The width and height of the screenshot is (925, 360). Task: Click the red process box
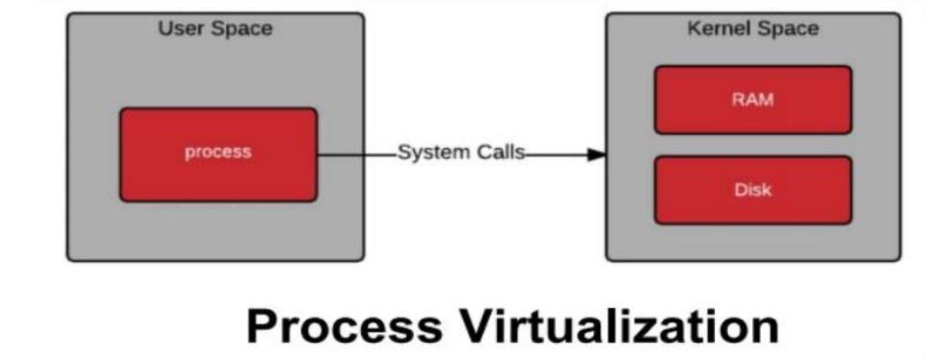pyautogui.click(x=218, y=154)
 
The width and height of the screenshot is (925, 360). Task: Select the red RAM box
pyautogui.click(x=752, y=99)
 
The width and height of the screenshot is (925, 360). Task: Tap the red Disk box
pyautogui.click(x=752, y=190)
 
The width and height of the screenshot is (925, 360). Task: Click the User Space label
pyautogui.click(x=215, y=28)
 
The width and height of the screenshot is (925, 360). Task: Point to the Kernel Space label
pyautogui.click(x=752, y=28)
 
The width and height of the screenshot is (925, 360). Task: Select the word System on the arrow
pyautogui.click(x=427, y=152)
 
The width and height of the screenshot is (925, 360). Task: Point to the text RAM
pyautogui.click(x=752, y=99)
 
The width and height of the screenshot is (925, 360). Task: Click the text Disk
pyautogui.click(x=752, y=190)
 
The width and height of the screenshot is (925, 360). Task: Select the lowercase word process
pyautogui.click(x=218, y=152)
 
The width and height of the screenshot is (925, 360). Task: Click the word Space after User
pyautogui.click(x=240, y=29)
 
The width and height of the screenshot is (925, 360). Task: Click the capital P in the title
pyautogui.click(x=263, y=326)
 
